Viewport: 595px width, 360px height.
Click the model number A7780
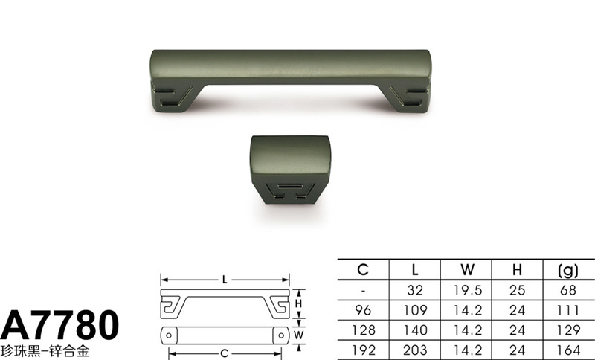(59, 325)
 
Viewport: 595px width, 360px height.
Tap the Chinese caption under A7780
(45, 351)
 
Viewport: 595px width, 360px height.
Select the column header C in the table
(363, 270)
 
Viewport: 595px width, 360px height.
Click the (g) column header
(568, 270)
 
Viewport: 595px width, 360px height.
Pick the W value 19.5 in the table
(468, 290)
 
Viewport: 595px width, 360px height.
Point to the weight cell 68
(568, 290)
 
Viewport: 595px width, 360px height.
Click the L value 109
(415, 310)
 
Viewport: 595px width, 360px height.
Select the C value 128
(363, 330)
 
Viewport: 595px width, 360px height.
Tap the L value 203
(415, 350)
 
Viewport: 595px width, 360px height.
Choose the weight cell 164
(568, 350)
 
